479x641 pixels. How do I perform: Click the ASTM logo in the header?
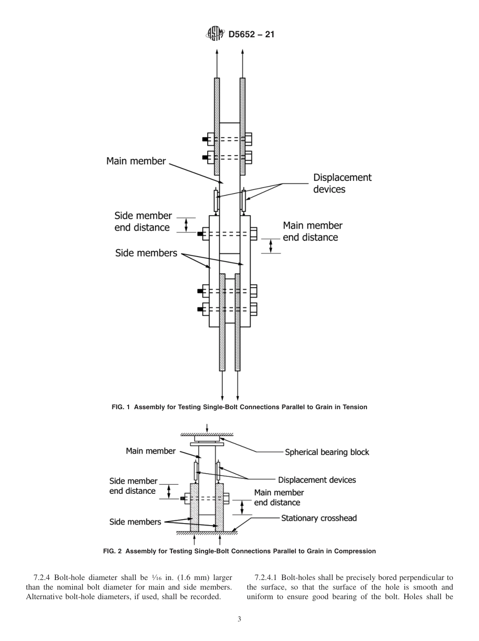click(215, 34)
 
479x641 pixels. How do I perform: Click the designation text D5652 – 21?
click(251, 35)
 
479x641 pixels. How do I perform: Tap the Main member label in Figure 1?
click(136, 161)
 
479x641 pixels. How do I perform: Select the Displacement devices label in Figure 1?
click(342, 183)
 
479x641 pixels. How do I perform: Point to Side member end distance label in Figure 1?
click(143, 222)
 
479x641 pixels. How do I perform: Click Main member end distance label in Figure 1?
click(312, 231)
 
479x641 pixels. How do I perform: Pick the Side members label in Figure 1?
click(146, 253)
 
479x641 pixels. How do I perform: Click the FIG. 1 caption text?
click(239, 407)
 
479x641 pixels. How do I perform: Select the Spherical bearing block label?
click(327, 452)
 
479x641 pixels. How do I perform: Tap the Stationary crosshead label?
click(319, 518)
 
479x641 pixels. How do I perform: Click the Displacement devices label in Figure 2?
click(317, 480)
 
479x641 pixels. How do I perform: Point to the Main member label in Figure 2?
click(150, 451)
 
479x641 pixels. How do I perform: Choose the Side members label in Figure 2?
click(135, 522)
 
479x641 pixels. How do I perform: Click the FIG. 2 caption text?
click(239, 551)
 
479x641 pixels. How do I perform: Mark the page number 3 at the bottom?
click(239, 619)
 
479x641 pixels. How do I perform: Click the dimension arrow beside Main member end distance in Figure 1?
click(271, 245)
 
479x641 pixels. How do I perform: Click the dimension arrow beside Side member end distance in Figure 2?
click(169, 492)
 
